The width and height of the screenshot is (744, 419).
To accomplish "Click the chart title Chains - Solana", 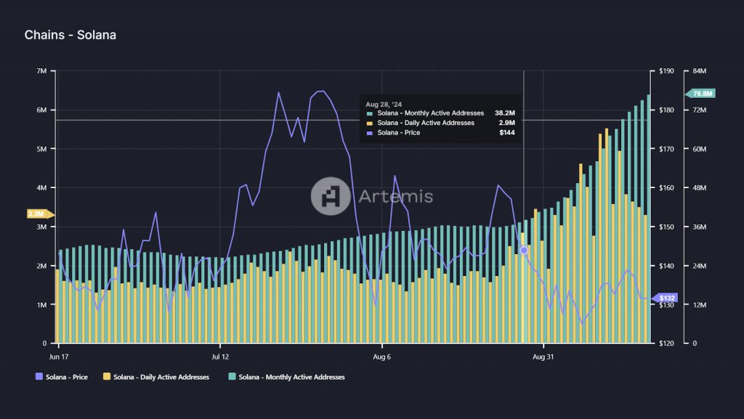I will (x=70, y=35).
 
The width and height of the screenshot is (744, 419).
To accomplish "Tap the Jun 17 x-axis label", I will (x=60, y=357).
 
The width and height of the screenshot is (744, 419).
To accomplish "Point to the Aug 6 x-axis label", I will (x=382, y=357).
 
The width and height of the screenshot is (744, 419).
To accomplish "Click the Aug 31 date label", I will (x=544, y=357).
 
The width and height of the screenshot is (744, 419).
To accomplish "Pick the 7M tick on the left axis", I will (x=41, y=71).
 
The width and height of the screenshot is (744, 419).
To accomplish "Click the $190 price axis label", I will (x=666, y=71).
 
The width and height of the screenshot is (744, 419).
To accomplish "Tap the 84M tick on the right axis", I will (x=700, y=71).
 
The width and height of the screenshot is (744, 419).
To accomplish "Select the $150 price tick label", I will (x=666, y=227).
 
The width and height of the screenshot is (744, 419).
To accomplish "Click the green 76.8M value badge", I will (x=702, y=94).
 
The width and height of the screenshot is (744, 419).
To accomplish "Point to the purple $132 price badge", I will (x=666, y=298).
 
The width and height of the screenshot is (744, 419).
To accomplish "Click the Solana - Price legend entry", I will (x=62, y=377).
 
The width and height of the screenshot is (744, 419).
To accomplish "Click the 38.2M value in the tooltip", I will (x=504, y=113).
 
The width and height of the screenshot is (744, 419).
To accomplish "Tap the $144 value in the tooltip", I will (x=507, y=133).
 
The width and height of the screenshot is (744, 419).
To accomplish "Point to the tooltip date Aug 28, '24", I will (x=384, y=105).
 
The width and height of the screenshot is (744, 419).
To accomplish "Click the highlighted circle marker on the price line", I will (x=524, y=250).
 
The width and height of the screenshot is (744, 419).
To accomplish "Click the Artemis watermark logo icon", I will (x=331, y=196).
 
